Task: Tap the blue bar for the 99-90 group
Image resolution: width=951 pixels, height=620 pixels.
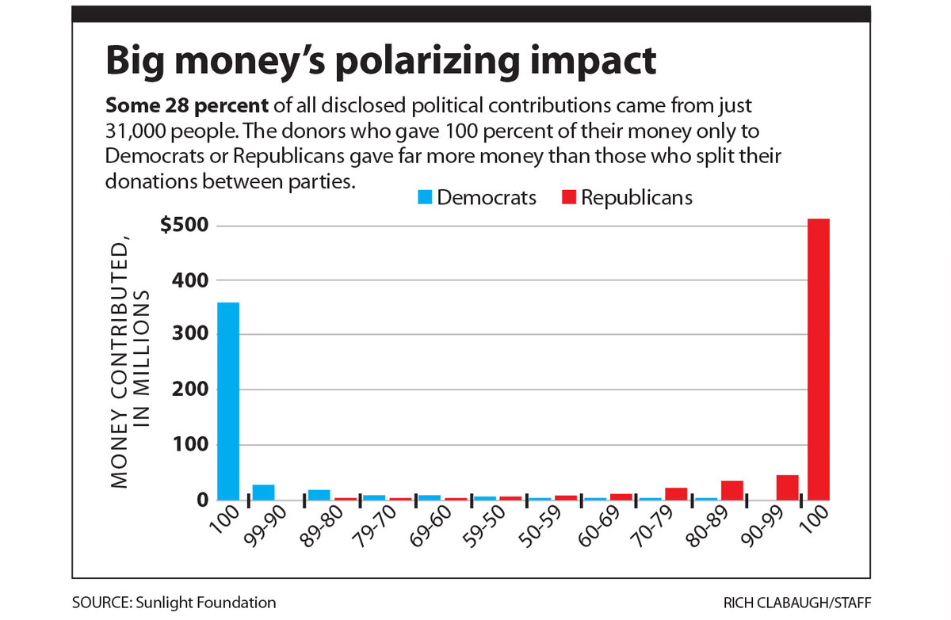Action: click(x=263, y=492)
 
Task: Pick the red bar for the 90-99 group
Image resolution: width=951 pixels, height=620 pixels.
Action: click(x=787, y=488)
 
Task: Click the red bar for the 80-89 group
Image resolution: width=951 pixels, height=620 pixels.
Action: click(x=731, y=490)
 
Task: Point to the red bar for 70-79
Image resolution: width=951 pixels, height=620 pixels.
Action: click(x=676, y=493)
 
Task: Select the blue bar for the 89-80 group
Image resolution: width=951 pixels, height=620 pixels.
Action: click(x=319, y=495)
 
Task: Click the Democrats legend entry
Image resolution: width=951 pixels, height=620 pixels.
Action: click(x=478, y=197)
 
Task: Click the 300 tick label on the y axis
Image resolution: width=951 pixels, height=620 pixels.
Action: click(x=193, y=334)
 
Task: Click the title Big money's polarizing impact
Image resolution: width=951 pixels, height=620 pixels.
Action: click(x=381, y=61)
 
